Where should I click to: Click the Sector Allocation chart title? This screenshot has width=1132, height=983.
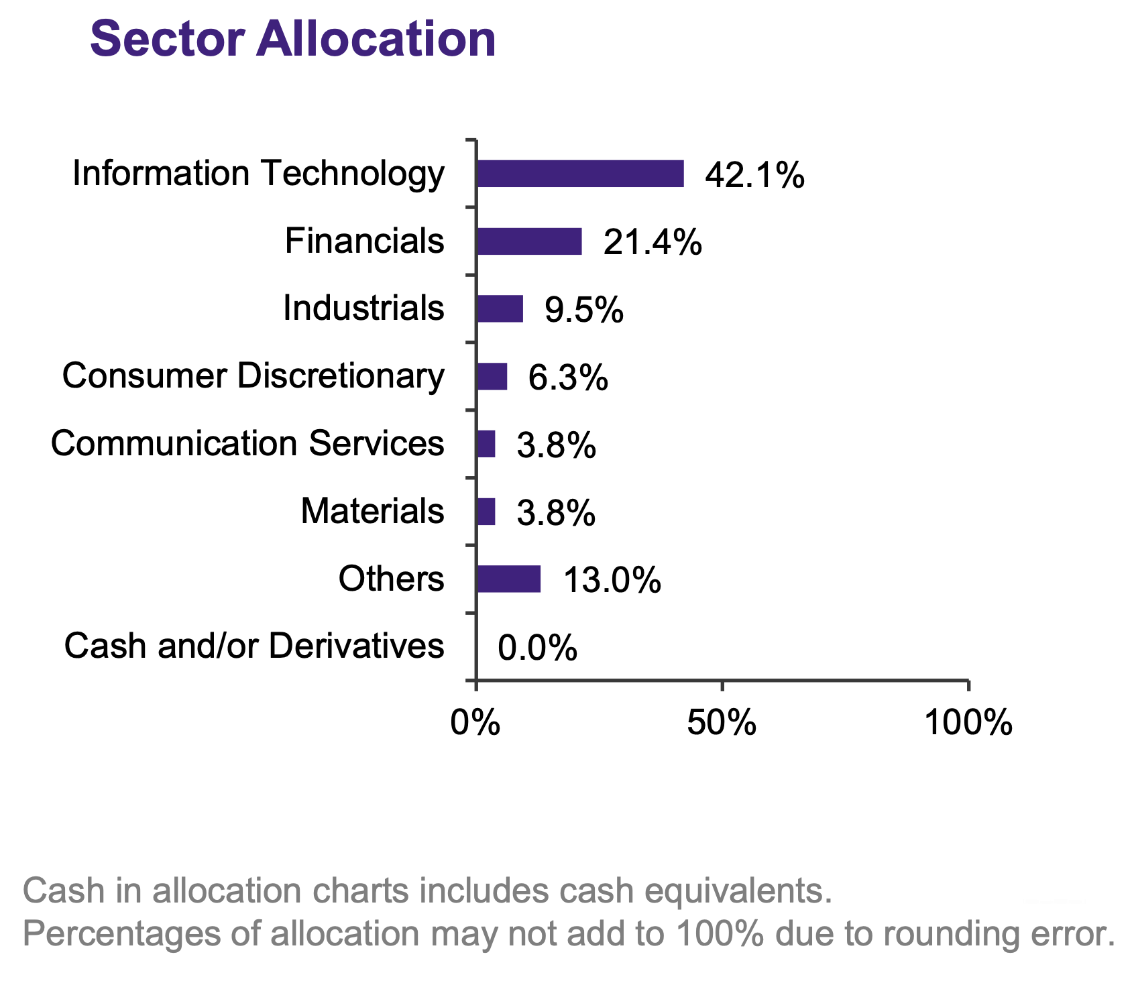click(x=293, y=39)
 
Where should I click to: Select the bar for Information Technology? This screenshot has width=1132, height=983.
click(x=579, y=174)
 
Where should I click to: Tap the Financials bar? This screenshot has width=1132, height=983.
click(x=528, y=241)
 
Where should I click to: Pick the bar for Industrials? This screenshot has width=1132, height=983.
click(x=500, y=309)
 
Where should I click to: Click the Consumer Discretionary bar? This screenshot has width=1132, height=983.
click(x=492, y=377)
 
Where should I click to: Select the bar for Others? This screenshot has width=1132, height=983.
click(x=508, y=579)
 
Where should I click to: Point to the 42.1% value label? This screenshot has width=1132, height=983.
click(x=754, y=176)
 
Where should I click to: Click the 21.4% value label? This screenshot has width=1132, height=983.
click(x=653, y=243)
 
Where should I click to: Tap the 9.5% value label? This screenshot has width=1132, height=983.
click(x=583, y=310)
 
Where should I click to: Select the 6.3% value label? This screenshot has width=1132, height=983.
click(x=568, y=378)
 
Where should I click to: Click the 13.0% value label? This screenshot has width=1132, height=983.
click(x=612, y=581)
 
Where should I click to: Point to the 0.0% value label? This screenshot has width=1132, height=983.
click(x=537, y=648)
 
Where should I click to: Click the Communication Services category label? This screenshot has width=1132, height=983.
click(x=247, y=443)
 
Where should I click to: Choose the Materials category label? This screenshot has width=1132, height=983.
click(x=372, y=511)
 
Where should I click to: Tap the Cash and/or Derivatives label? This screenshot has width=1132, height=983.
click(x=254, y=646)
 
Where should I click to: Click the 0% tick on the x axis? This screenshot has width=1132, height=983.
click(x=475, y=724)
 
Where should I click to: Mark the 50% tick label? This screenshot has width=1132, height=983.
click(x=722, y=724)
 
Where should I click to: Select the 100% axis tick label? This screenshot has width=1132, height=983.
click(x=968, y=724)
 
